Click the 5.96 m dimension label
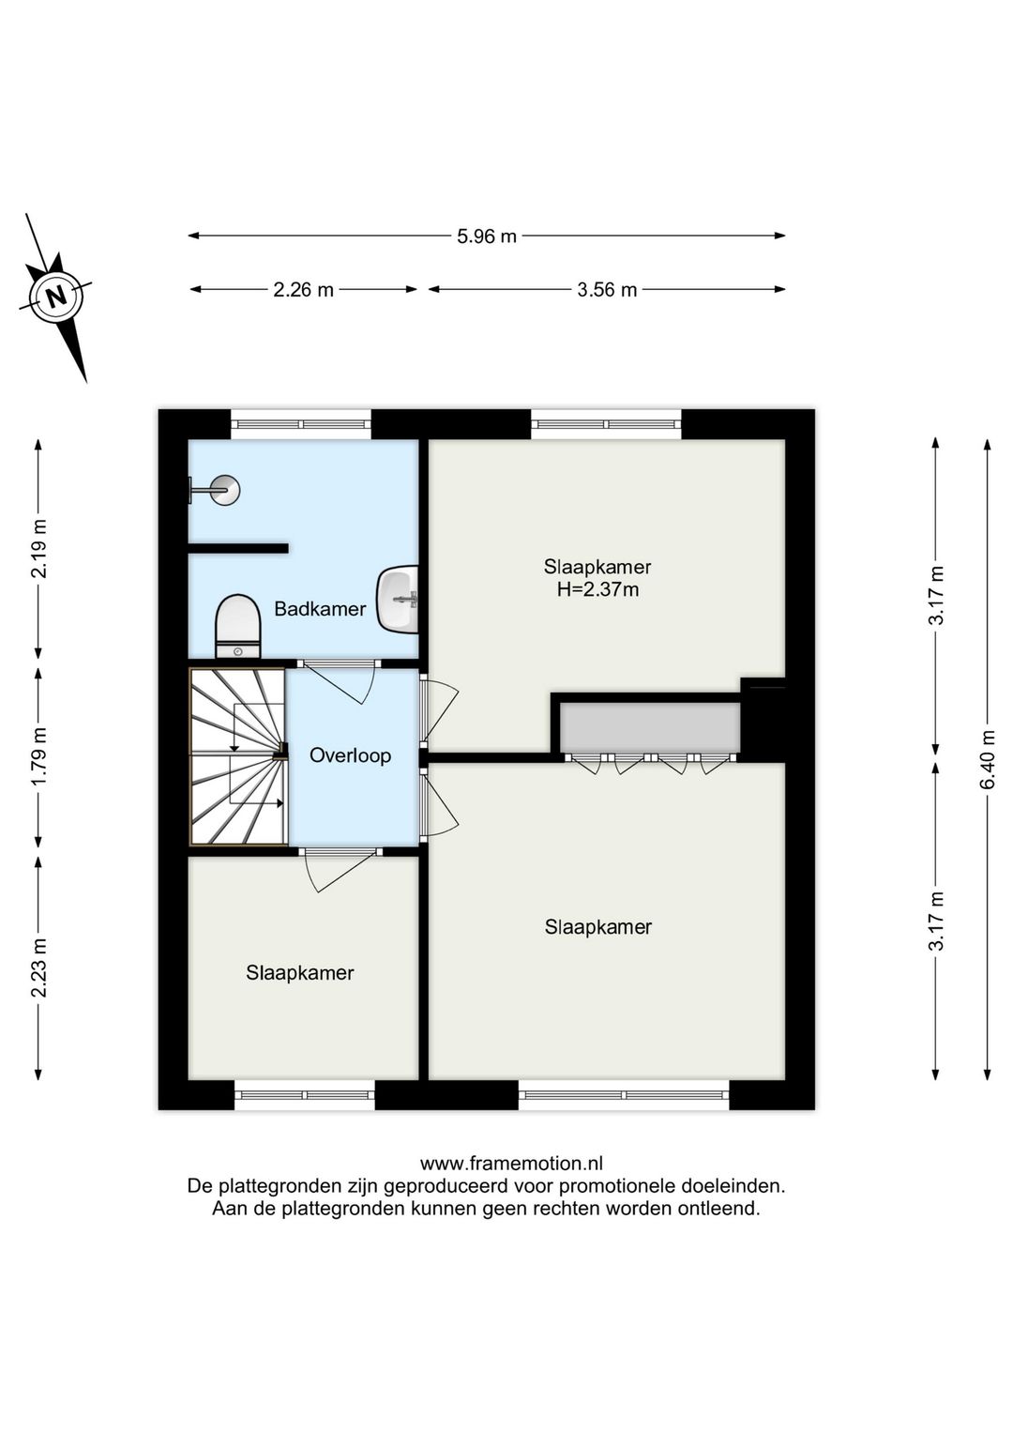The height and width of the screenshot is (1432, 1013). pyautogui.click(x=487, y=236)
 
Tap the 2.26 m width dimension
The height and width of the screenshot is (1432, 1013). pyautogui.click(x=304, y=290)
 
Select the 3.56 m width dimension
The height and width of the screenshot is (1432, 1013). pyautogui.click(x=607, y=290)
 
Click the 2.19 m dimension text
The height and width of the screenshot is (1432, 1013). pyautogui.click(x=39, y=549)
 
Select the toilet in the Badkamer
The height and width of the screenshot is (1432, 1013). pyautogui.click(x=238, y=627)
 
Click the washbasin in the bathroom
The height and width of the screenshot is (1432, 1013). pyautogui.click(x=398, y=599)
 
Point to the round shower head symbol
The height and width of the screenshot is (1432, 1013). pyautogui.click(x=226, y=491)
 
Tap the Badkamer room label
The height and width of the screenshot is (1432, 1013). pyautogui.click(x=320, y=609)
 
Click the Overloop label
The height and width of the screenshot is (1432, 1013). pyautogui.click(x=350, y=755)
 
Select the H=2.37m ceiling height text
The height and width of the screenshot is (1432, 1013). pyautogui.click(x=597, y=588)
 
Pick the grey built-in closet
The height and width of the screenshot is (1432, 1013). pyautogui.click(x=650, y=727)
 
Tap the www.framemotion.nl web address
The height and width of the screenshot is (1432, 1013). pyautogui.click(x=511, y=1164)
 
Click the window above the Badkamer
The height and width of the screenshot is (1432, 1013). pyautogui.click(x=301, y=424)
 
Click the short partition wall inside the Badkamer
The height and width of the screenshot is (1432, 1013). pyautogui.click(x=238, y=548)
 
